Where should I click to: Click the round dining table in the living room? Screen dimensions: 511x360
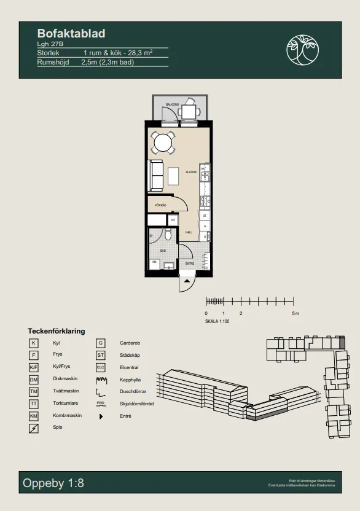click(x=163, y=143)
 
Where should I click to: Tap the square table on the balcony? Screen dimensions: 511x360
click(x=189, y=112)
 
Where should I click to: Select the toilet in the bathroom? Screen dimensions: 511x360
click(x=168, y=234)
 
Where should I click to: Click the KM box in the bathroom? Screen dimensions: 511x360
click(x=154, y=263)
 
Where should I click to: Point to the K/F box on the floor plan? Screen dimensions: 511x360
click(x=173, y=220)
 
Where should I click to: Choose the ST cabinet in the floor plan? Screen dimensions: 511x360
click(x=205, y=216)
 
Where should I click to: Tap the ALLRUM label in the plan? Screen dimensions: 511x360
click(x=191, y=173)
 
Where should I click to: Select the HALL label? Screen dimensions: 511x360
click(x=189, y=232)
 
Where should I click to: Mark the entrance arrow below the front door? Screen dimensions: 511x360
click(x=186, y=282)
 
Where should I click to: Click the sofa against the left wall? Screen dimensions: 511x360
click(x=155, y=176)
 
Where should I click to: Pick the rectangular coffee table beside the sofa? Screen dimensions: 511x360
click(x=174, y=176)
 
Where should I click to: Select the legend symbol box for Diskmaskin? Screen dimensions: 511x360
click(x=34, y=380)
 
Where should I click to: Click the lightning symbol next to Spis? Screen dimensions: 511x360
click(x=34, y=428)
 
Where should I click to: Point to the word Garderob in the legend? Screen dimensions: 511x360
click(x=130, y=343)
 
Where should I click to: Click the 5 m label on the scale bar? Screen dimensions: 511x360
click(x=295, y=313)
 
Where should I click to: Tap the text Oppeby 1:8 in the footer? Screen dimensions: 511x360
click(x=53, y=483)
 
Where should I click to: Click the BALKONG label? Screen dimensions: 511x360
click(x=172, y=105)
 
